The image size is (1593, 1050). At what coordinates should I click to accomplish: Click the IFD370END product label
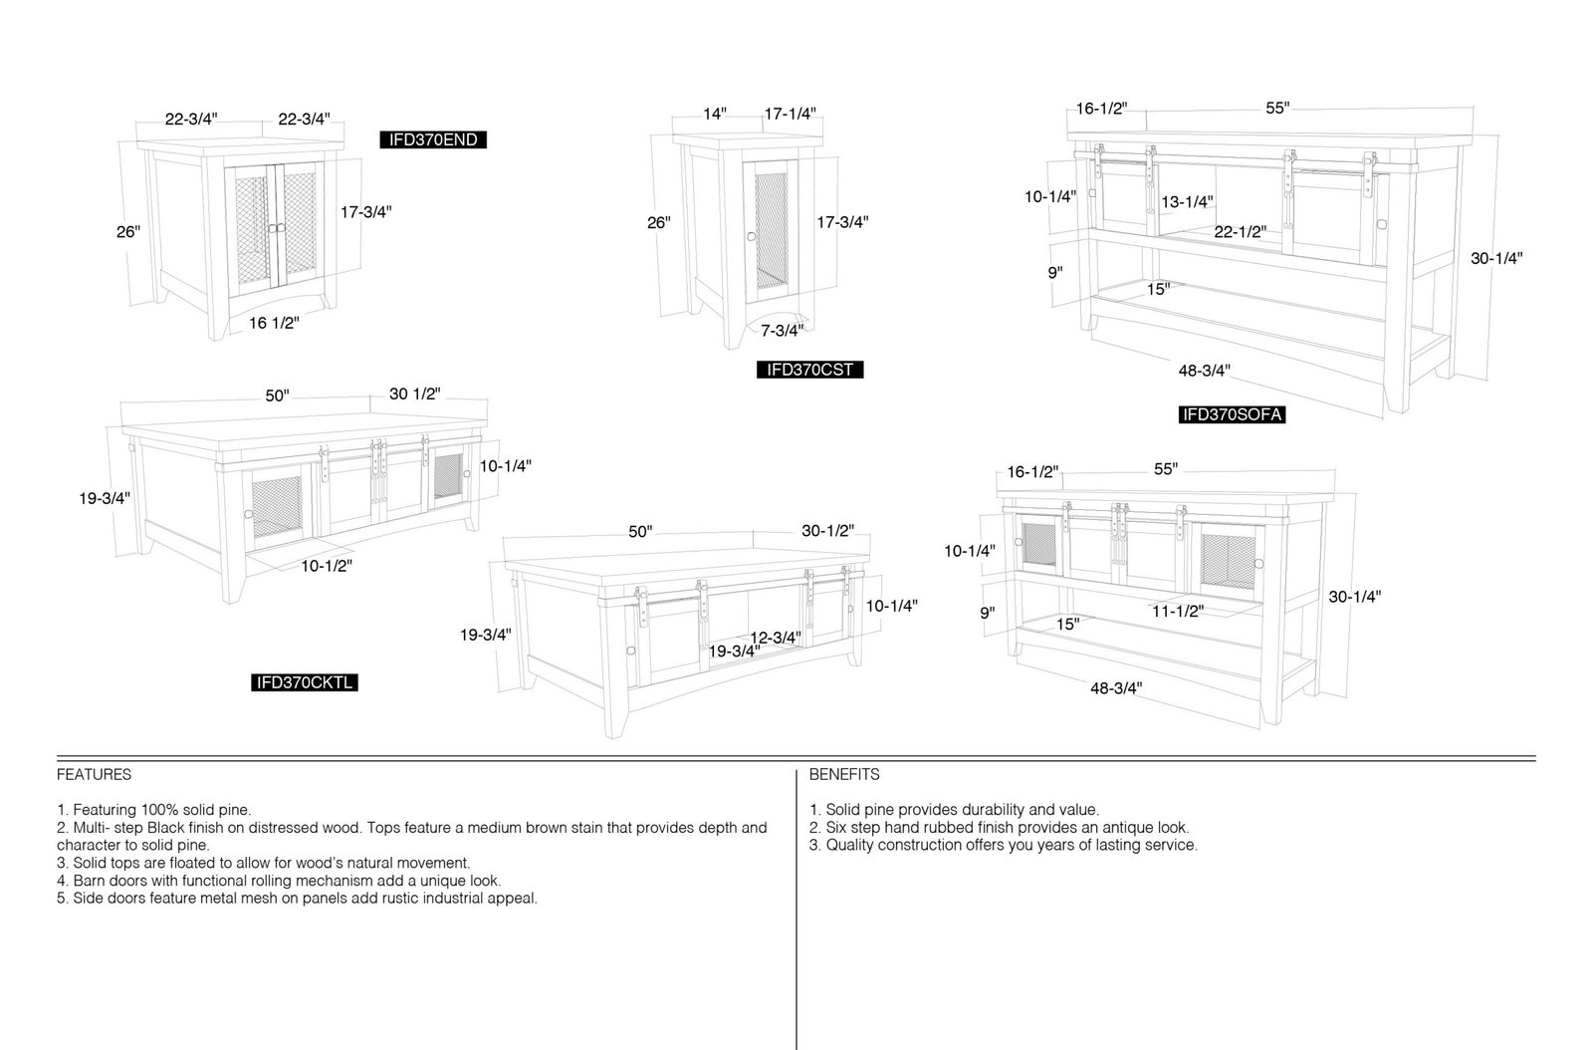(433, 140)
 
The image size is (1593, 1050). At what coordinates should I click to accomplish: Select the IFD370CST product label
(810, 370)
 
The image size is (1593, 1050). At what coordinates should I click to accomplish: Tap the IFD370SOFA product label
(1232, 414)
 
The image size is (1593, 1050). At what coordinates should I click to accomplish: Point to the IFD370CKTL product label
(305, 683)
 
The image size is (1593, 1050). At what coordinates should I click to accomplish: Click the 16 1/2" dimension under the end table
(274, 323)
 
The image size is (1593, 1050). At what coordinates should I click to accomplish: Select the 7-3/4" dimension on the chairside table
(783, 331)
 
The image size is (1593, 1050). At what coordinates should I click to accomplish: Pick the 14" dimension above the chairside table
(715, 114)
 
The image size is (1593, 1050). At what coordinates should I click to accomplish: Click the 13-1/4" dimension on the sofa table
(1187, 202)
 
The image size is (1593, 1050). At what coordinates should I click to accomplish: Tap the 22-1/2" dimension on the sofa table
(1241, 232)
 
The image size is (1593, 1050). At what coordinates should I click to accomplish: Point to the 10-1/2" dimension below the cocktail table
(327, 566)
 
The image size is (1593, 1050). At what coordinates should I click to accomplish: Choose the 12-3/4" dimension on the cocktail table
(776, 638)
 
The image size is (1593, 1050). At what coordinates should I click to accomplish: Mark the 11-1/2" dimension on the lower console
(1179, 611)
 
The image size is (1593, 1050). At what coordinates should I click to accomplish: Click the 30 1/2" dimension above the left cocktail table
(414, 394)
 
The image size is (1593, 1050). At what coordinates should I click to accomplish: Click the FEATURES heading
(94, 775)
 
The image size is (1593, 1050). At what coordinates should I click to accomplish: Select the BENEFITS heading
(844, 775)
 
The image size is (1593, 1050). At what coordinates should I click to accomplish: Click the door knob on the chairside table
(751, 237)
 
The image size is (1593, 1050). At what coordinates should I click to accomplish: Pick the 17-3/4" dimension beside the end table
(366, 212)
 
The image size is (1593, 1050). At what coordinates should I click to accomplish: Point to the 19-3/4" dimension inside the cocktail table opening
(735, 651)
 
